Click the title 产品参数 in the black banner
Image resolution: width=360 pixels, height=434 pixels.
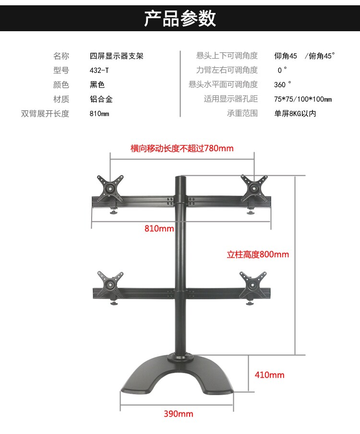(x=180, y=18)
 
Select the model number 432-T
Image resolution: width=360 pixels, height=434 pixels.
(x=99, y=71)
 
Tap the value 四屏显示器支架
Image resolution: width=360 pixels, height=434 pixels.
(x=117, y=56)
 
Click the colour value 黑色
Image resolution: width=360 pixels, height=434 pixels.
(x=97, y=85)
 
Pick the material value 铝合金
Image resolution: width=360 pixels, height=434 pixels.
(x=101, y=99)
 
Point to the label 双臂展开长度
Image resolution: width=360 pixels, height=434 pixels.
(x=45, y=114)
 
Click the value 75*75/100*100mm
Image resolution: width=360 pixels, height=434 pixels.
(x=303, y=99)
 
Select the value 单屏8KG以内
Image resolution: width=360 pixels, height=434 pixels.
(x=295, y=114)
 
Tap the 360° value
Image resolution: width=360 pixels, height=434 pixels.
(x=283, y=85)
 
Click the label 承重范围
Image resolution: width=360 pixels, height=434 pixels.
(x=242, y=114)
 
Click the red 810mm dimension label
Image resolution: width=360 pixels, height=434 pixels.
(x=159, y=229)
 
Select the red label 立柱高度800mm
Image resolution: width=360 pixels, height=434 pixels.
(x=258, y=254)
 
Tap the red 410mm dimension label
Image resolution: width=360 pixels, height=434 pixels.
(x=270, y=375)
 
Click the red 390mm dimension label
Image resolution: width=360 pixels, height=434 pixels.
(x=179, y=414)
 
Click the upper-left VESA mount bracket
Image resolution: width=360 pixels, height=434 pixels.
(x=111, y=187)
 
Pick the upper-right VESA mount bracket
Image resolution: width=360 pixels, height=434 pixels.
(x=254, y=187)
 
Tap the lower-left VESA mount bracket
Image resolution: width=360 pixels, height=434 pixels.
(x=111, y=283)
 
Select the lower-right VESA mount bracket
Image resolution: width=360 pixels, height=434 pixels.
(x=253, y=283)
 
